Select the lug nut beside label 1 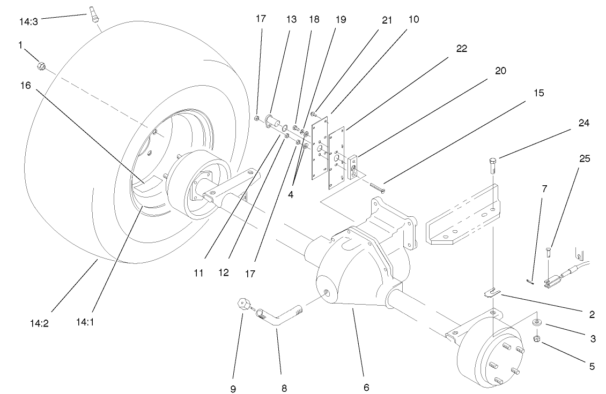(x=40, y=66)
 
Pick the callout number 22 (x=462, y=48)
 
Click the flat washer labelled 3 (x=537, y=323)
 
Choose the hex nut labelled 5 (x=537, y=339)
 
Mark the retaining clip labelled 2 (x=492, y=292)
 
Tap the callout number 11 (x=198, y=272)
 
